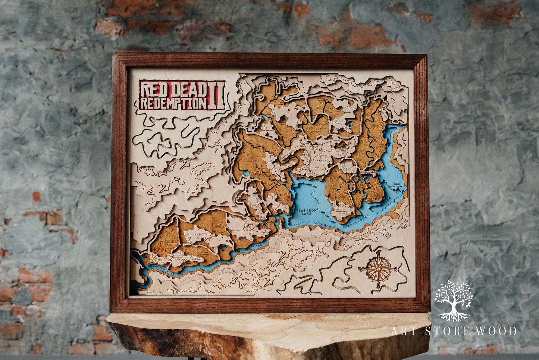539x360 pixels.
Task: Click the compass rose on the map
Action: coord(378,269)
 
